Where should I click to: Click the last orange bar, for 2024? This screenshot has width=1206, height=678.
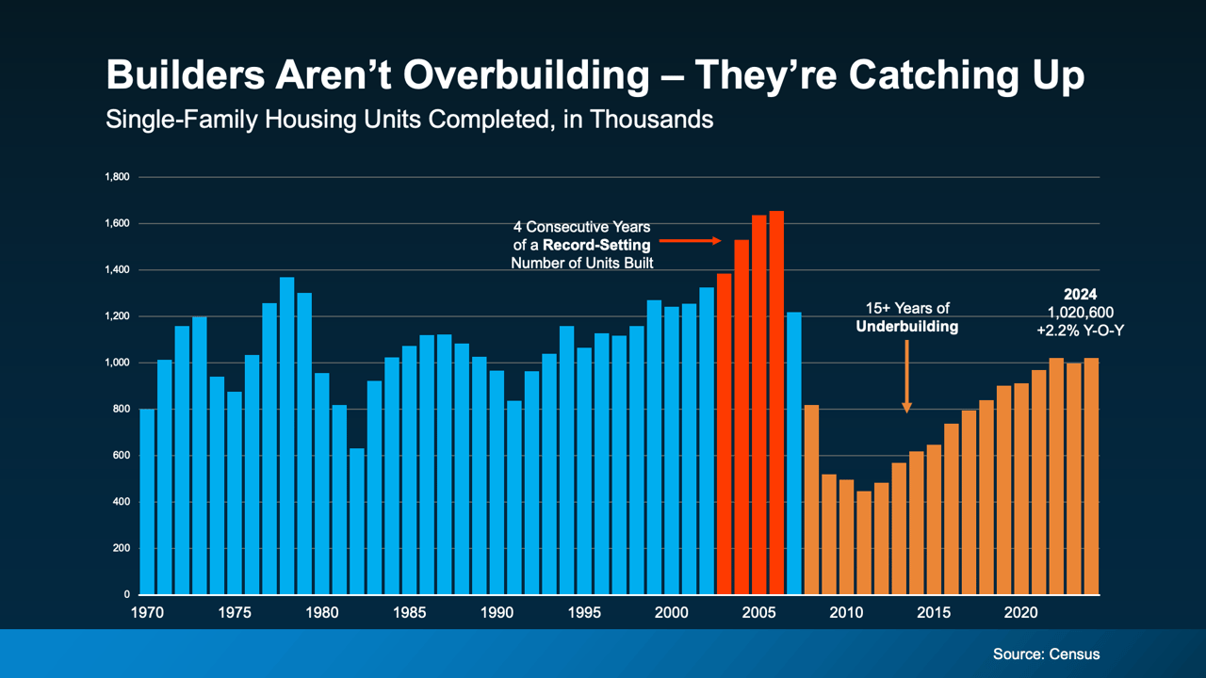click(1091, 476)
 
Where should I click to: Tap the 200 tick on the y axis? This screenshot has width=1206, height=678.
click(121, 548)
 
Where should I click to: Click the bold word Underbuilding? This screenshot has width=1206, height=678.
click(906, 327)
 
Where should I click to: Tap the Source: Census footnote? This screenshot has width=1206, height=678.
click(1046, 654)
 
